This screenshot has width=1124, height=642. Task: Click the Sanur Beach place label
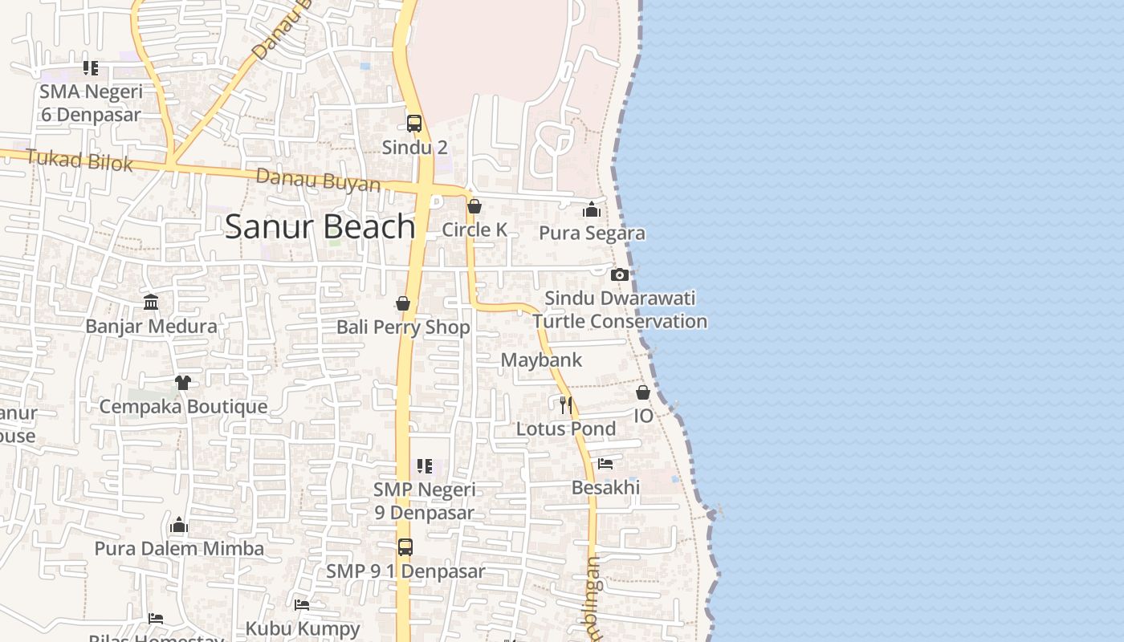pos(320,227)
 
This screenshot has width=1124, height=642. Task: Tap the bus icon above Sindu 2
pos(414,124)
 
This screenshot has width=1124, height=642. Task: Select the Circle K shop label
pos(474,230)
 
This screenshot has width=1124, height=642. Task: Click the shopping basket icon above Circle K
pos(474,207)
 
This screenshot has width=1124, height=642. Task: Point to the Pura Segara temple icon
pos(592,210)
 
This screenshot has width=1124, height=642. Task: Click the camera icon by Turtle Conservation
pos(619,274)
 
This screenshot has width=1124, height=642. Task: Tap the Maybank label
pos(541,360)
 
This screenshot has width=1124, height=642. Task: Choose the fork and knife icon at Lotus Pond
pos(566,404)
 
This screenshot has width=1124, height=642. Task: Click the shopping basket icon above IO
pos(643,392)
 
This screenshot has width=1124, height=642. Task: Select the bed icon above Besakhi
pos(605,464)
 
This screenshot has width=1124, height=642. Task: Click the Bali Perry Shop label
pos(403,327)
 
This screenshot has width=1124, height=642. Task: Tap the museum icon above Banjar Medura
pos(151,303)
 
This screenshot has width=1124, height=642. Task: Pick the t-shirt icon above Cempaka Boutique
pos(183,383)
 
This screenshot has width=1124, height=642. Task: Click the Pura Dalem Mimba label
pos(179,548)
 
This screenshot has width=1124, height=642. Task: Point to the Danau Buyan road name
pos(319,180)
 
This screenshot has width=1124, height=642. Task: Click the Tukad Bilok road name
pos(79,160)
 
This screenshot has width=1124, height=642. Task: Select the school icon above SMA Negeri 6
pos(91,68)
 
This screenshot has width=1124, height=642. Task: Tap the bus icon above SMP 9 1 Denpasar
pos(405,547)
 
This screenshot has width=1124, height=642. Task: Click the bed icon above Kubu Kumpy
pos(302,604)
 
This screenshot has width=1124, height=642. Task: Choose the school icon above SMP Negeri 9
pos(424,466)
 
